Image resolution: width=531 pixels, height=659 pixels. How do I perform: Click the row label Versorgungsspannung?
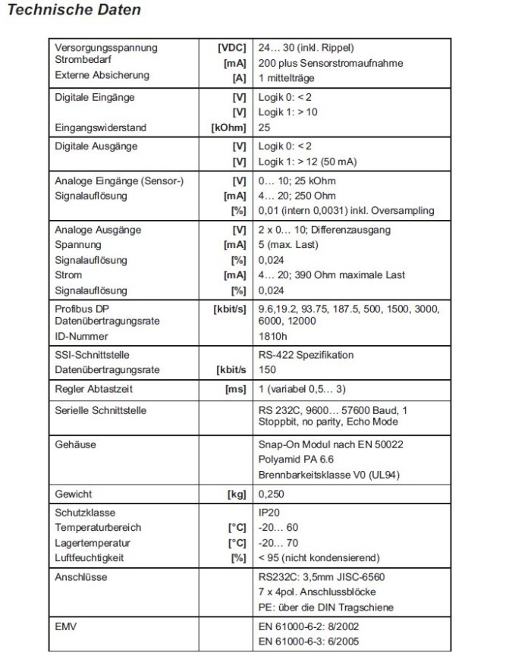click(106, 48)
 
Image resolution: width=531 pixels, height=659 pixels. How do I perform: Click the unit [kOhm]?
click(229, 128)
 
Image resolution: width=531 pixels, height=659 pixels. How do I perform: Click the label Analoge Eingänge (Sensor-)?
click(115, 181)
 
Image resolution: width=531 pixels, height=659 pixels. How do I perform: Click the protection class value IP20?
click(269, 513)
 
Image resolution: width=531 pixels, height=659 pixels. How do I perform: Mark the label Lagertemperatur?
click(91, 543)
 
